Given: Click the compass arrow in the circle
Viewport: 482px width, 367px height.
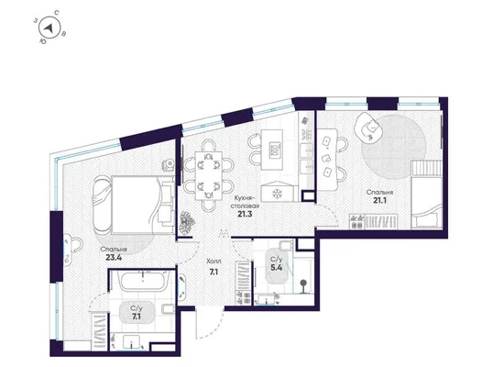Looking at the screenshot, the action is click(49, 28).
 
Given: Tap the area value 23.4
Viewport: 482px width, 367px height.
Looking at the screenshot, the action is click(114, 258).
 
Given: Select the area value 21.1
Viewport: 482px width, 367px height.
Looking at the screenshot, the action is click(380, 201).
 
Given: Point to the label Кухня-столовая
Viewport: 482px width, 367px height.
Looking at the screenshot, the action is click(245, 202).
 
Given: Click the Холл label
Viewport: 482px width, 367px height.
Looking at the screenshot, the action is click(214, 261).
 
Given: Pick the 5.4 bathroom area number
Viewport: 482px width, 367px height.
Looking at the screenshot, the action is click(277, 267).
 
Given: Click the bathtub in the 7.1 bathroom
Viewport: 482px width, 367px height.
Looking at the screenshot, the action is click(144, 281).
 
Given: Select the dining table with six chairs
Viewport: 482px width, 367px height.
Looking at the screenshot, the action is click(208, 175).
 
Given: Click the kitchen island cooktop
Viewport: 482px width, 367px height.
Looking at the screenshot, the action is click(275, 150).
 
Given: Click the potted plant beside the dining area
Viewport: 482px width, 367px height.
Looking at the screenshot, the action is click(187, 222).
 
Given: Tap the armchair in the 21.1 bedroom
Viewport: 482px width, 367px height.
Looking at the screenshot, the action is click(368, 127).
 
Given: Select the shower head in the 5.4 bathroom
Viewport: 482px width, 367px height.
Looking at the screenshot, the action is click(303, 282).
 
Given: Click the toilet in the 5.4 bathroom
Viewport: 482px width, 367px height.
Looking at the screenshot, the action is click(286, 245).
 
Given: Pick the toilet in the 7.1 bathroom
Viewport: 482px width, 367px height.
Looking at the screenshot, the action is click(168, 309).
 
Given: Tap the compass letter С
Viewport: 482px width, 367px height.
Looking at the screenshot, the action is click(57, 13).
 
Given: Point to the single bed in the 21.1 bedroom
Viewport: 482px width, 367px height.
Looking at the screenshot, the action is click(426, 195).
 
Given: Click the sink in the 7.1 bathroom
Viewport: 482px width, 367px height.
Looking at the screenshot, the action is click(132, 341).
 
